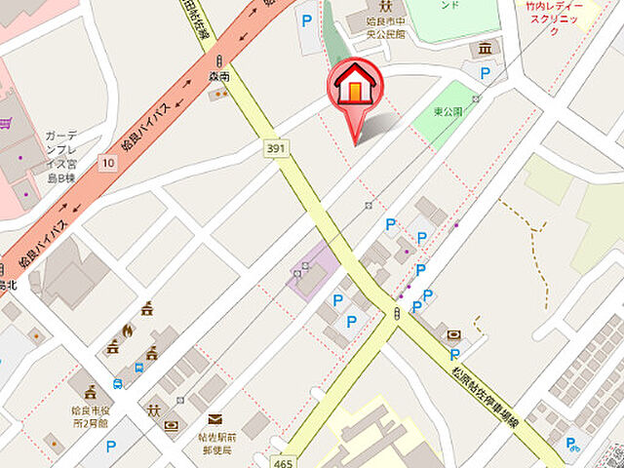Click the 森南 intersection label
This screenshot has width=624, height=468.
pyautogui.click(x=219, y=75)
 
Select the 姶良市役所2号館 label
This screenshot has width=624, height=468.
pyautogui.click(x=93, y=415)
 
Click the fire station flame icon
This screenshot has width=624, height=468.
pyautogui.click(x=127, y=331)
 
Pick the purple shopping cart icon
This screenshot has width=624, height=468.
pyautogui.click(x=8, y=124)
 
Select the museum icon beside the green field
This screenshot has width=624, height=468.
pyautogui.click(x=484, y=49)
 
